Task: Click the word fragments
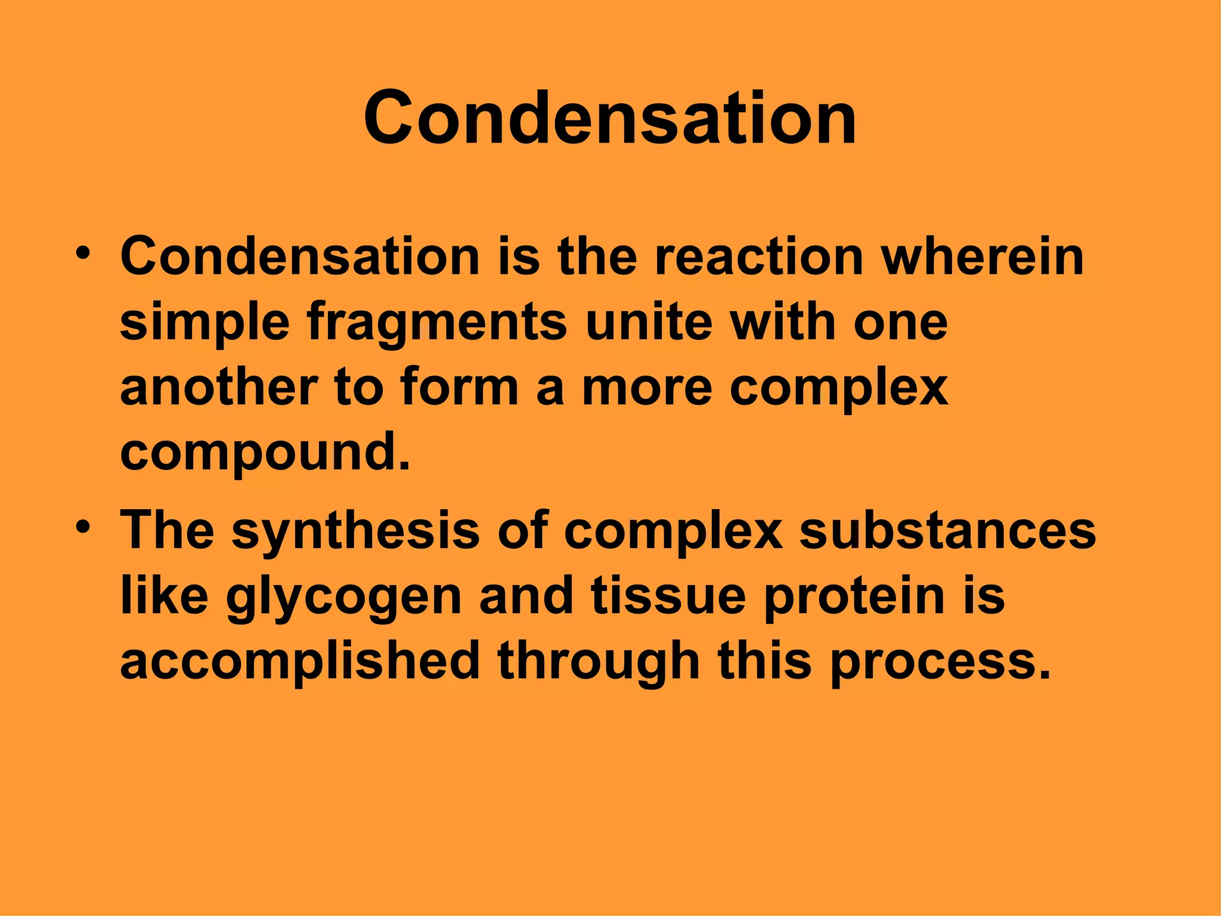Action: (436, 324)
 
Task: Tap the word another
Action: (219, 388)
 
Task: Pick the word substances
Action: (947, 531)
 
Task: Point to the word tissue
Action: (668, 596)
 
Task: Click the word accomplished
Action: (300, 662)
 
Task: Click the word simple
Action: (204, 324)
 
